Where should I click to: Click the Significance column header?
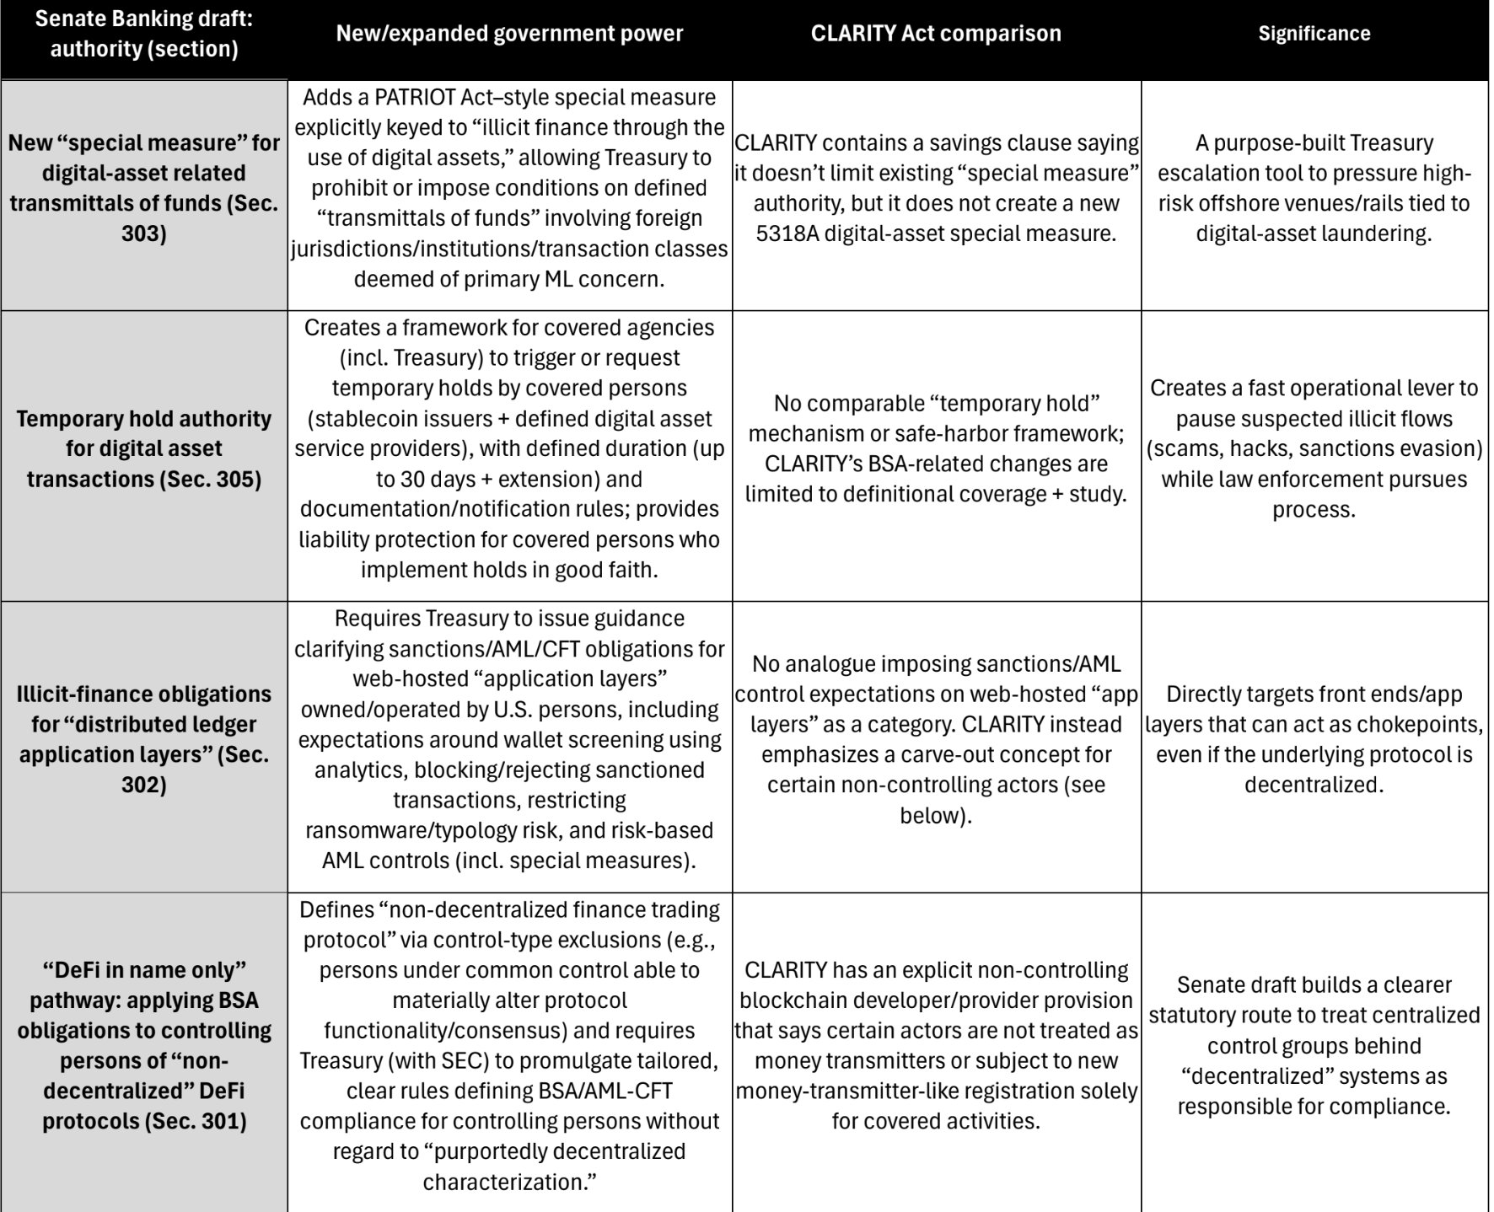pos(1314,34)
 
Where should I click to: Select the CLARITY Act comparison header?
pos(936,34)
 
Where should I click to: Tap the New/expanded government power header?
pos(509,34)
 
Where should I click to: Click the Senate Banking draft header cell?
pos(143,34)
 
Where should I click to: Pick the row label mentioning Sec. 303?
pos(143,188)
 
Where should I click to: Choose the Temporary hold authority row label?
pos(143,448)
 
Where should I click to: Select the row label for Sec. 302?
pos(143,739)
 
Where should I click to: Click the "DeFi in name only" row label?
pos(143,1045)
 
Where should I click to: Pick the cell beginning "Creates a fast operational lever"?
pos(1314,448)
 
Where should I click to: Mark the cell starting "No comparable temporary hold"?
pos(936,448)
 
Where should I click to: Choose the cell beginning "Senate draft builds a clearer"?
pos(1314,1045)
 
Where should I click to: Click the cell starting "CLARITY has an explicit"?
pos(936,1045)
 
